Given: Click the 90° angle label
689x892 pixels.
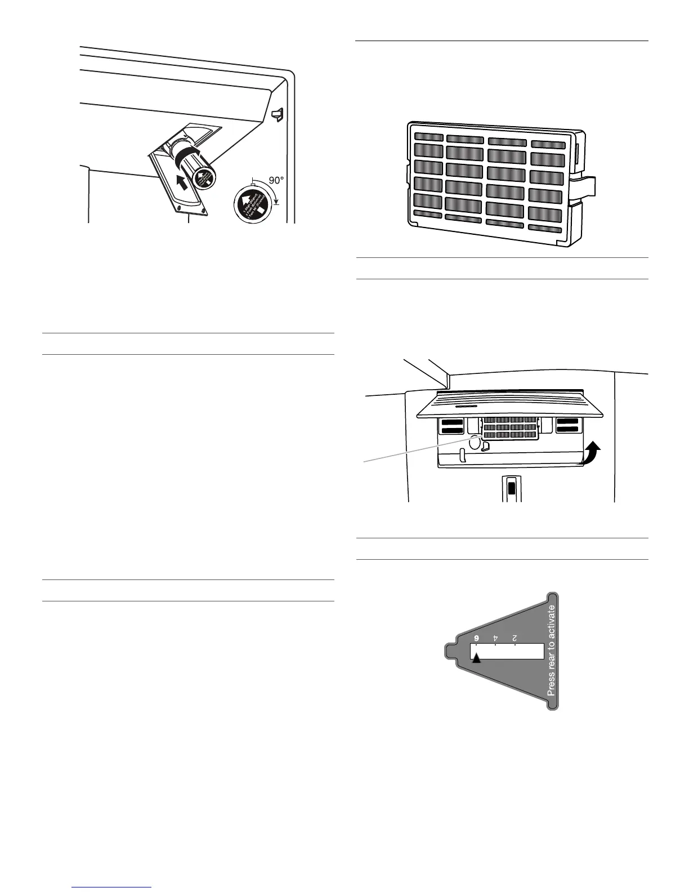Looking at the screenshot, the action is [x=276, y=181].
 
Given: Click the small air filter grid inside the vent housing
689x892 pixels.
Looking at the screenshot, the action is [x=509, y=429].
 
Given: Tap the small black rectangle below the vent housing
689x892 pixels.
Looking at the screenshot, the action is [x=511, y=488].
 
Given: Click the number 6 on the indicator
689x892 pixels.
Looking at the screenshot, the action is [x=476, y=638].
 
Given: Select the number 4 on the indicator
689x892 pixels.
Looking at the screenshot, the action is [x=495, y=638].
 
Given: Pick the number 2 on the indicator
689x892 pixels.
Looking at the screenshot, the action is [x=514, y=638].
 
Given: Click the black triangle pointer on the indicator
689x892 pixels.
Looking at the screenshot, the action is [x=476, y=658].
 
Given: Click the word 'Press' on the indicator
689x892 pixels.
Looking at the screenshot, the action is [x=552, y=684].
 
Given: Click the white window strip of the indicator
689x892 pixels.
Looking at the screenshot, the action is [x=509, y=652].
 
